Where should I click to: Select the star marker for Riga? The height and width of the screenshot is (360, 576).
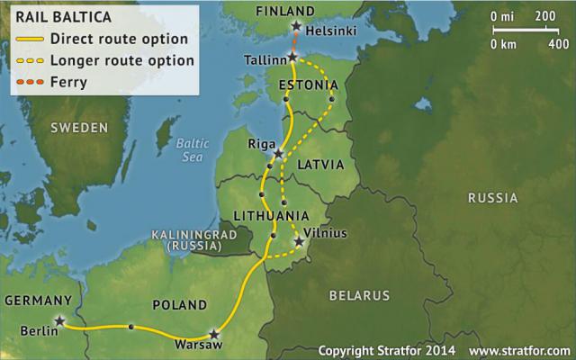(279, 154)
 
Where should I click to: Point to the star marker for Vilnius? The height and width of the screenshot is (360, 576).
(299, 241)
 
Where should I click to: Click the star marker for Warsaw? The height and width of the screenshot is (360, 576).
(214, 331)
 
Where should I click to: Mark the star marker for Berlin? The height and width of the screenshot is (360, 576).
(59, 320)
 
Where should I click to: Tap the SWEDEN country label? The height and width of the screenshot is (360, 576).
(78, 127)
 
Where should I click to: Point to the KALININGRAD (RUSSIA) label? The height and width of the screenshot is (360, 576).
(186, 238)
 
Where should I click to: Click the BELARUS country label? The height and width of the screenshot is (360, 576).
(359, 295)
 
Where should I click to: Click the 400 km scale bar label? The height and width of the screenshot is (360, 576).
(558, 42)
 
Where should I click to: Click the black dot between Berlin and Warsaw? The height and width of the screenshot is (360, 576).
(132, 327)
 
